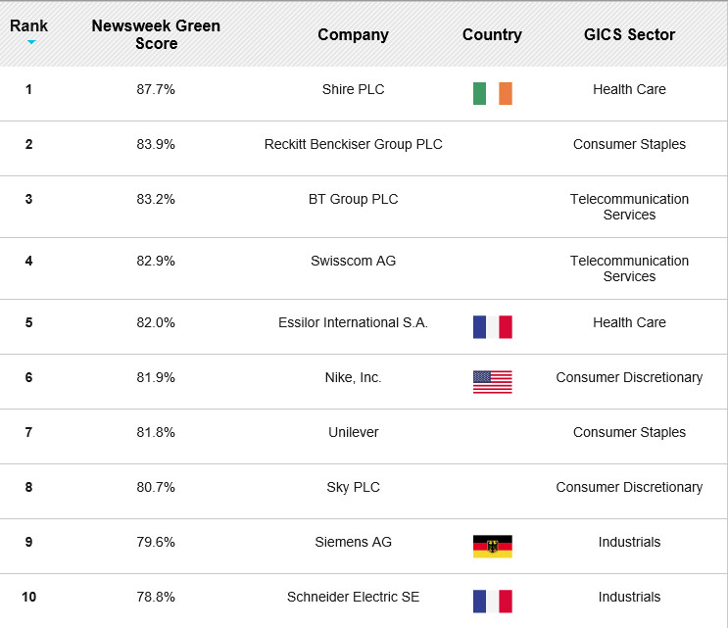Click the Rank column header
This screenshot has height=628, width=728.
(x=28, y=26)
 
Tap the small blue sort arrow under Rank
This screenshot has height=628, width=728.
(x=31, y=42)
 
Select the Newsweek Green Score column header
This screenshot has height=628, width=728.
(x=156, y=34)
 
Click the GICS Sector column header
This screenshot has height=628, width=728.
(x=629, y=35)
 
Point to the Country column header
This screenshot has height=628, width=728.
(x=492, y=35)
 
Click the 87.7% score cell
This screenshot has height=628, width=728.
(x=156, y=89)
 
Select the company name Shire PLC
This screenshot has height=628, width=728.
(x=354, y=89)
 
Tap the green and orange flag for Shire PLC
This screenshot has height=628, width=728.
(x=493, y=93)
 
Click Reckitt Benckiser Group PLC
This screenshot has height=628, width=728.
(x=354, y=144)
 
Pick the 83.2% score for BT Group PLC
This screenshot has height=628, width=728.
(x=156, y=199)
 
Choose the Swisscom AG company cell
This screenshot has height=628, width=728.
(x=354, y=261)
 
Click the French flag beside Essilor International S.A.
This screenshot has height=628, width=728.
(x=493, y=327)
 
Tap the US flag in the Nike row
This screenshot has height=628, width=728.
(x=493, y=382)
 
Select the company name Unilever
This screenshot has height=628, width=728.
(x=354, y=432)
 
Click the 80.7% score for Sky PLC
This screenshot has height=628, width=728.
(x=156, y=487)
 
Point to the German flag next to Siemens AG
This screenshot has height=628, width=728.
(x=493, y=547)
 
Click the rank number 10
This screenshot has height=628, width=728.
(x=28, y=597)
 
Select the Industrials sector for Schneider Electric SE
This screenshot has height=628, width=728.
(x=629, y=597)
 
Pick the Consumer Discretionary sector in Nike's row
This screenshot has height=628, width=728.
(x=629, y=377)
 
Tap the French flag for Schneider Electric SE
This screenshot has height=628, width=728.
(x=493, y=602)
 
